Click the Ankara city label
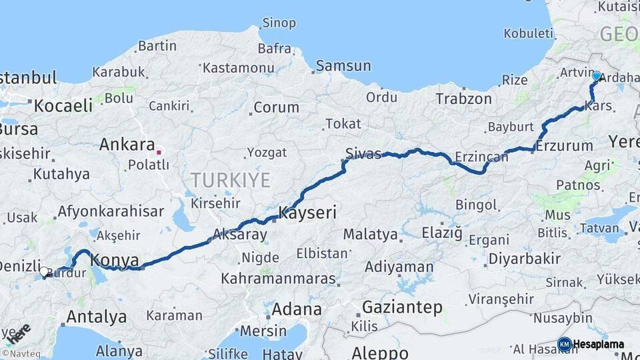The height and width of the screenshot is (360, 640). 127,145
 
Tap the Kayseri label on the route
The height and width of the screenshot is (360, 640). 307,214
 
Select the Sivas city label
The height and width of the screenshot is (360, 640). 363,154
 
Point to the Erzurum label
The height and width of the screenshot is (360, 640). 564,145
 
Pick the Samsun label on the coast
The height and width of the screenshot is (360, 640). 343,65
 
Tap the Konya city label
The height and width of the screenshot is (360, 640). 114,260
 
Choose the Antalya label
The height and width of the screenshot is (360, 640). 97,316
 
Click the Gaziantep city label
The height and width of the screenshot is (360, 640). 402,307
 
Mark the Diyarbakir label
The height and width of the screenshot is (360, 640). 524,258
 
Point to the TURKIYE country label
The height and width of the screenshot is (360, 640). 231,180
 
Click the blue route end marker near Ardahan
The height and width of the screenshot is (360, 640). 597,76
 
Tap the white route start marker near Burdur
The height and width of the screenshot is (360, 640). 44,271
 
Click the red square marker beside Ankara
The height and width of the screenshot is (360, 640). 159,152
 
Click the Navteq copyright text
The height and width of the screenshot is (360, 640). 21,353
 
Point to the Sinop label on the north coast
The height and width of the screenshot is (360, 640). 279,23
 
